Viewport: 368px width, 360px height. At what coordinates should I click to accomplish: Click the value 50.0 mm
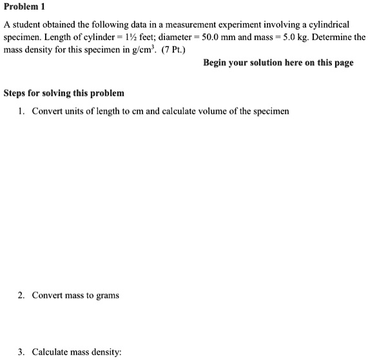click(x=216, y=37)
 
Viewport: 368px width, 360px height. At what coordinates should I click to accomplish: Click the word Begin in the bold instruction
click(x=217, y=63)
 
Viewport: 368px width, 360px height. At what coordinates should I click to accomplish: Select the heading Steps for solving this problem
click(x=64, y=93)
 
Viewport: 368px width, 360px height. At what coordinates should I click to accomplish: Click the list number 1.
click(x=21, y=111)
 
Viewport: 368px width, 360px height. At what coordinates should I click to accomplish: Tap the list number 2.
click(x=21, y=295)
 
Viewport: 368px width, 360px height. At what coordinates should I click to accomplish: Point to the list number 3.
click(x=21, y=352)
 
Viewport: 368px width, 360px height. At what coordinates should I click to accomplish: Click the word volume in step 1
click(x=203, y=111)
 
